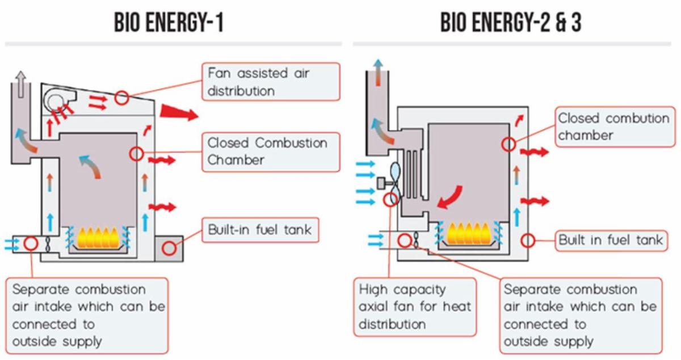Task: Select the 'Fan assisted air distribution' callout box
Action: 271,82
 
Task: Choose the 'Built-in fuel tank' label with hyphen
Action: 259,231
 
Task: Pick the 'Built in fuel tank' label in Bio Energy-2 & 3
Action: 611,240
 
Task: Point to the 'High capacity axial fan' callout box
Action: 415,307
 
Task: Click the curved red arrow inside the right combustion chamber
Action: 452,196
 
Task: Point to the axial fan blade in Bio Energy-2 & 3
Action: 396,177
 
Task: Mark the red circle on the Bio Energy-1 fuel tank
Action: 170,248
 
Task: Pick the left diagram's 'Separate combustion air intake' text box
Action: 88,315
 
